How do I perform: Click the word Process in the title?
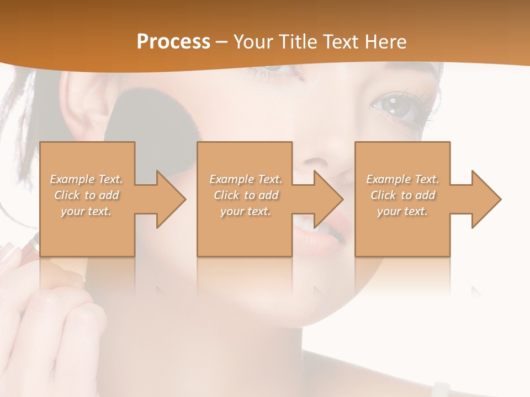point(173,42)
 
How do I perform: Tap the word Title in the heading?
point(295,42)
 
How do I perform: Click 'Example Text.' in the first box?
point(86,179)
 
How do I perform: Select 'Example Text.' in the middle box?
point(245,179)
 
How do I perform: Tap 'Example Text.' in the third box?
point(402,179)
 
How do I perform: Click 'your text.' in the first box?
point(86,211)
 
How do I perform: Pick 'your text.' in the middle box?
point(245,211)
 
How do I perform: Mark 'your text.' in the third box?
point(402,211)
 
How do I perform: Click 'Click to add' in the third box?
point(402,195)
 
